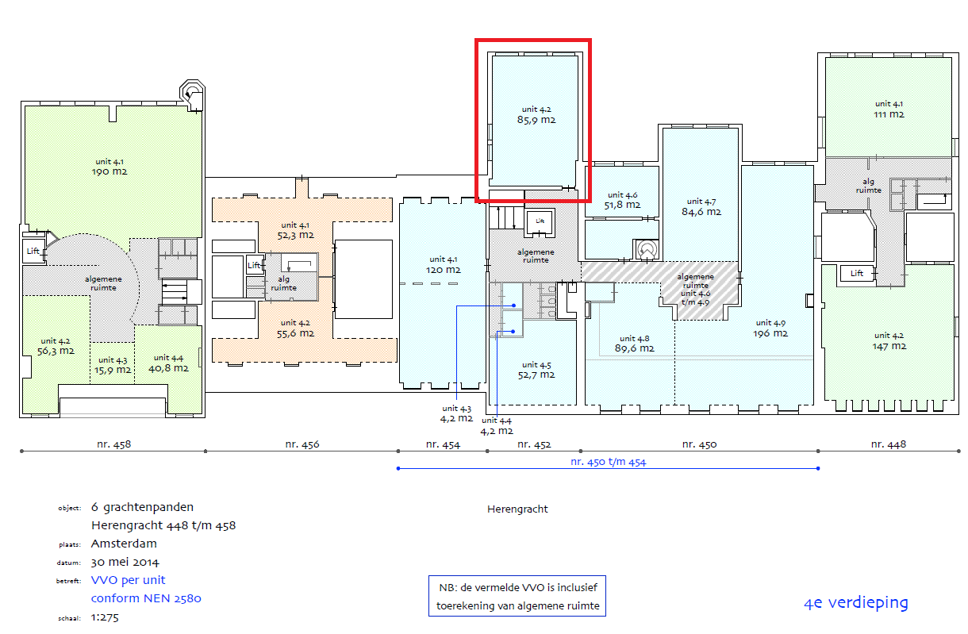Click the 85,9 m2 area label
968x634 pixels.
tap(536, 121)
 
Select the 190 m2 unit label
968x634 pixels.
tap(109, 171)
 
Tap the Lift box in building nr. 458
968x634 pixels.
tap(33, 251)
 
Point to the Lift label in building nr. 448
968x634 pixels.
tap(856, 273)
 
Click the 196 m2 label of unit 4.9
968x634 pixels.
tap(770, 333)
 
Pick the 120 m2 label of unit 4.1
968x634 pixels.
tap(443, 270)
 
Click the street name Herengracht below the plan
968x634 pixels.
tap(517, 509)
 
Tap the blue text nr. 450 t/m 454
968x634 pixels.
tap(608, 461)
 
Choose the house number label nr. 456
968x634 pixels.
tap(302, 444)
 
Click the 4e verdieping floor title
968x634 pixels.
tap(855, 602)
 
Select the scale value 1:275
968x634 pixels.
tap(105, 617)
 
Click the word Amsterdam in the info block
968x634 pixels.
tap(124, 544)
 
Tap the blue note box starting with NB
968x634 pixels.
tap(517, 596)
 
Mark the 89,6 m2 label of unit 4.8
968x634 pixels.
tap(635, 348)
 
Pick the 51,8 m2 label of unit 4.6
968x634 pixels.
tap(622, 205)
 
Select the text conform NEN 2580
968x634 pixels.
tap(146, 598)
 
